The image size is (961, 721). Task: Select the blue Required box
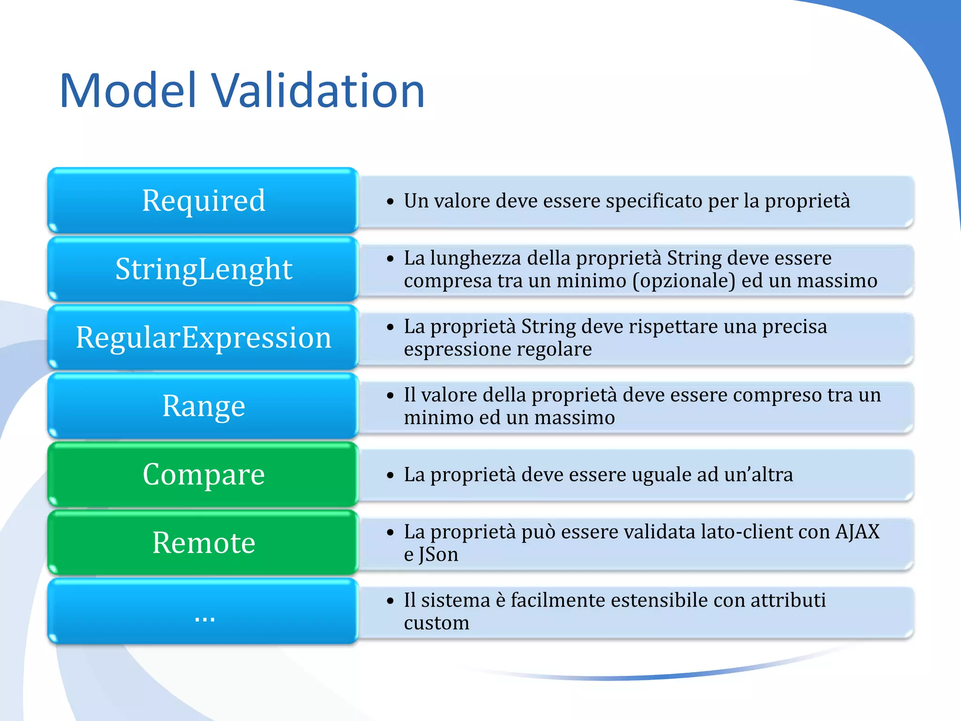coord(203,200)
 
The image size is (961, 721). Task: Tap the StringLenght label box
coord(203,269)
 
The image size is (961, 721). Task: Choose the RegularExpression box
coord(203,337)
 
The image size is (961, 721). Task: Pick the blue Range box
coord(203,406)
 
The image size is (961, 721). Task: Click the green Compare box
coord(203,474)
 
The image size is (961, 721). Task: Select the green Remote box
coord(203,543)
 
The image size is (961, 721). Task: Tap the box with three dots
coord(203,611)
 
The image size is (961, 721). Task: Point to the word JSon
coord(438,555)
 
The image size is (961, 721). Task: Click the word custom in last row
coord(436,623)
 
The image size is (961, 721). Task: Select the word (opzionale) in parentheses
coord(684,281)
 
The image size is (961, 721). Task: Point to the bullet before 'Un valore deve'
coord(390,202)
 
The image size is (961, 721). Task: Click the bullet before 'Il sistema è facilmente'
coord(390,601)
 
